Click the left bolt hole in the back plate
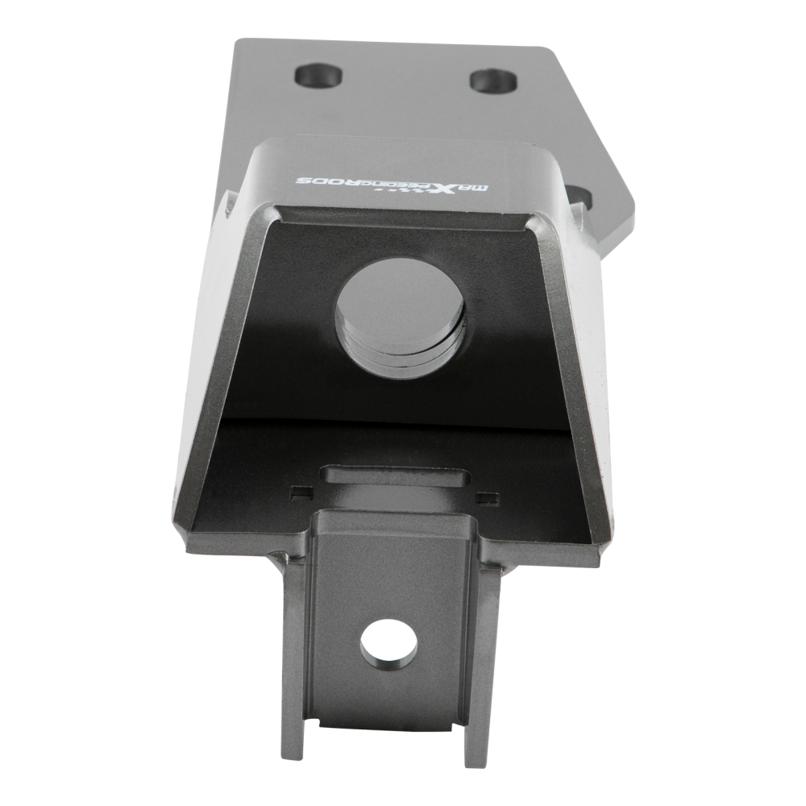(x=320, y=77)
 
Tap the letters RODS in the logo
(x=323, y=181)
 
